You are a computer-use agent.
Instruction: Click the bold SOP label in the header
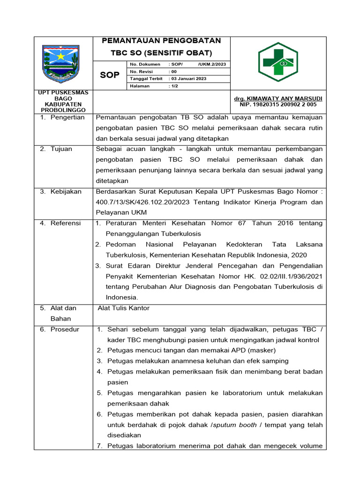pyautogui.click(x=110, y=75)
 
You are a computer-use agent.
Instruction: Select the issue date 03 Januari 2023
pyautogui.click(x=188, y=79)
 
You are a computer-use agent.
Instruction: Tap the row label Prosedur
pyautogui.click(x=65, y=329)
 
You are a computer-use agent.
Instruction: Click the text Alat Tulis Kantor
pyautogui.click(x=123, y=308)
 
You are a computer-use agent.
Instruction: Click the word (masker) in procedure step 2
pyautogui.click(x=261, y=350)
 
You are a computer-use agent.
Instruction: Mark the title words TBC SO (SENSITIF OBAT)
pyautogui.click(x=161, y=52)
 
